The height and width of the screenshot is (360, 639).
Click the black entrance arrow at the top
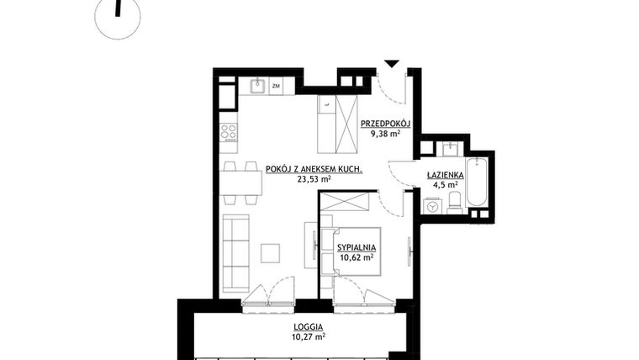coord(391,64)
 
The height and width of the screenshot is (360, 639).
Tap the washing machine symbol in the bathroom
coord(433,204)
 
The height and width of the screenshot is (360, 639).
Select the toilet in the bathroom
coord(454,199)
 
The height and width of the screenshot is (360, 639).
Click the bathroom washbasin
coord(451,148)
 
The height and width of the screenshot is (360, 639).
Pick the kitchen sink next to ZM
coord(259,85)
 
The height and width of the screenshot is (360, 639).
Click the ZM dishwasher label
coord(276,86)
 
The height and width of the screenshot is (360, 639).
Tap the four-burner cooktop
coord(228,132)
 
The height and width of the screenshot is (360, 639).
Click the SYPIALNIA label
coord(356,246)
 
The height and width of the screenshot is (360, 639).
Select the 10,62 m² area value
coord(356,257)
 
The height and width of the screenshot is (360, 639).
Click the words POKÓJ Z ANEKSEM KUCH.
coord(314,169)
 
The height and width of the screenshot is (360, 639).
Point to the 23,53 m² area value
coord(314,179)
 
